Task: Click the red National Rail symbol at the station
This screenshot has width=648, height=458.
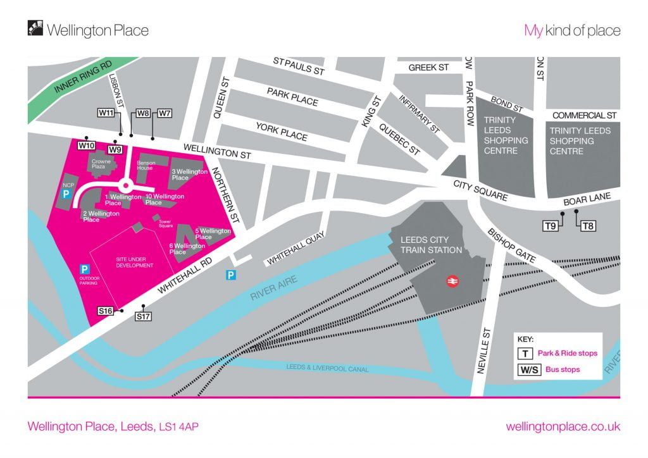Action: [x=452, y=281]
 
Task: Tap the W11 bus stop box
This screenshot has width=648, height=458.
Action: [x=106, y=113]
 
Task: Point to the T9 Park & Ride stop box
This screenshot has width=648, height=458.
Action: [x=551, y=225]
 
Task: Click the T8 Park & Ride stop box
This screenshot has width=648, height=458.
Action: [x=589, y=225]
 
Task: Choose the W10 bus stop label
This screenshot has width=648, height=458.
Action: [x=86, y=145]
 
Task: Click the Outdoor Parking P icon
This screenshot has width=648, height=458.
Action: [x=84, y=269]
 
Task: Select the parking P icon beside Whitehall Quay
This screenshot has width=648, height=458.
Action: [x=232, y=275]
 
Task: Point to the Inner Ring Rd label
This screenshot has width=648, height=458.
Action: [x=83, y=78]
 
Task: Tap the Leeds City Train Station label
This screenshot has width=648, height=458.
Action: [x=431, y=245]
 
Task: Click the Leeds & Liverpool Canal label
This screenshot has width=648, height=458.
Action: [x=327, y=368]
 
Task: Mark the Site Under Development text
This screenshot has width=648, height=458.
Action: [x=135, y=262]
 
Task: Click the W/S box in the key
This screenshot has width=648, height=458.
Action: [x=528, y=369]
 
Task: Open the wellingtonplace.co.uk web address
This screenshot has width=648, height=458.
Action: [x=563, y=426]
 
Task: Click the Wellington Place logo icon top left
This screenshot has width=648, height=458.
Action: [x=35, y=29]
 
